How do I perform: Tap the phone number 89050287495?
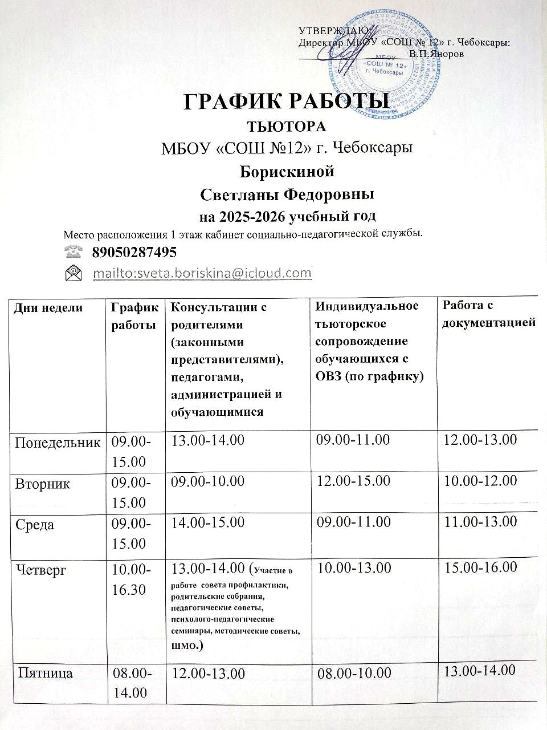click(x=134, y=252)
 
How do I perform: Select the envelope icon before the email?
click(x=74, y=273)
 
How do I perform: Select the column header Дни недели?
click(x=48, y=309)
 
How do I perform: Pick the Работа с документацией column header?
click(x=489, y=314)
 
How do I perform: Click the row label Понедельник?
click(x=57, y=442)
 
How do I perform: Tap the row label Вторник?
click(x=42, y=484)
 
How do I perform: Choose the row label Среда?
click(x=35, y=524)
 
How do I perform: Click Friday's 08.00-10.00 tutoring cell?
click(x=354, y=674)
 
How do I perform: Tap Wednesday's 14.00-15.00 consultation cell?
click(x=208, y=522)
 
